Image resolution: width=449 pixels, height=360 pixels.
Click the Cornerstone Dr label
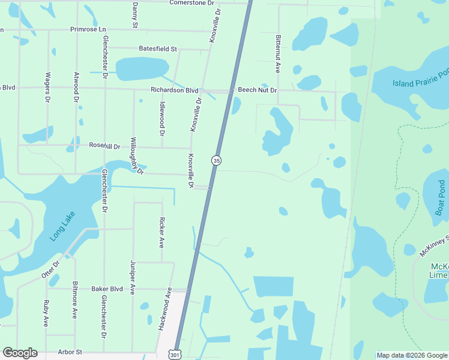pyautogui.click(x=191, y=3)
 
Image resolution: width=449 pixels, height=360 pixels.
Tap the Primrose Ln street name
pyautogui.click(x=88, y=29)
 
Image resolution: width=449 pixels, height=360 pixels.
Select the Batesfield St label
pyautogui.click(x=158, y=49)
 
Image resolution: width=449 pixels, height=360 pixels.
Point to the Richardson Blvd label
pyautogui.click(x=174, y=91)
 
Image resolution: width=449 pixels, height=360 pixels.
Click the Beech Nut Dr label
pyautogui.click(x=257, y=90)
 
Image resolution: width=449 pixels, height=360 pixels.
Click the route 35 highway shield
pyautogui.click(x=216, y=160)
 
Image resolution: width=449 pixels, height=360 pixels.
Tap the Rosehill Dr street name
pyautogui.click(x=104, y=146)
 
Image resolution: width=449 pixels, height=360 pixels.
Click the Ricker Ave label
pyautogui.click(x=161, y=233)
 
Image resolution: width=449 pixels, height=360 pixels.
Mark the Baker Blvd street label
pyautogui.click(x=107, y=289)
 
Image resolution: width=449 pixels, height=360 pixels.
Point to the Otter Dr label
pyautogui.click(x=51, y=269)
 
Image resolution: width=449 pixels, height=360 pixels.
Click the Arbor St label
pyautogui.click(x=69, y=352)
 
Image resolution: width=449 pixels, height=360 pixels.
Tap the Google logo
pyautogui.click(x=20, y=353)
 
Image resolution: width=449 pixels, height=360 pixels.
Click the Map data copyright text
pyautogui.click(x=412, y=355)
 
